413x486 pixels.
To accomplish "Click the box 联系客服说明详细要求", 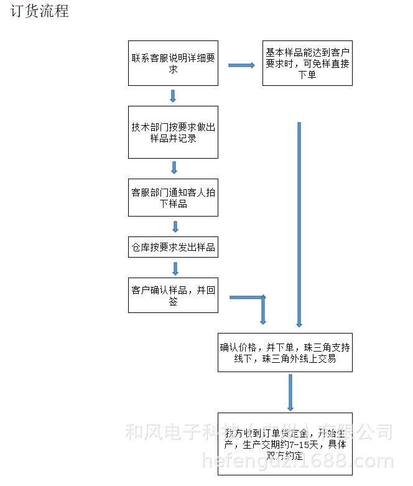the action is [x=173, y=63].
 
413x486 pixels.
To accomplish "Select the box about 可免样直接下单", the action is [x=307, y=63].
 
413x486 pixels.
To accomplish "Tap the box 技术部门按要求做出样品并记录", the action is [x=173, y=132].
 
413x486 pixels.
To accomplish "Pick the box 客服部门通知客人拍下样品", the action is [x=173, y=198].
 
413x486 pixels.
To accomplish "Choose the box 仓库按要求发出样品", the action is [x=173, y=247].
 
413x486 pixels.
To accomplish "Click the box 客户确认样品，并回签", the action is [x=173, y=295].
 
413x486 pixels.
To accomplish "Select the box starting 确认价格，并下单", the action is [x=285, y=352].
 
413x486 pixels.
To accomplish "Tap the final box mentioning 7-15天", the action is [x=285, y=444].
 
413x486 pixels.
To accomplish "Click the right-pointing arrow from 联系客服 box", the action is [x=241, y=65].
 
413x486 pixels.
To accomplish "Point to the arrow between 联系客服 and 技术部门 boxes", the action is [x=173, y=96].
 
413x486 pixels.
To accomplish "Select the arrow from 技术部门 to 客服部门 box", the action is [x=174, y=167].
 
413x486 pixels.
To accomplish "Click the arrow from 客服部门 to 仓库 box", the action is [x=175, y=226].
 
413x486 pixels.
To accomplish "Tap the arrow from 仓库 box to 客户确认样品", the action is [x=175, y=268].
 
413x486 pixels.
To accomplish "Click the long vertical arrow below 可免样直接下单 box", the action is [x=299, y=224].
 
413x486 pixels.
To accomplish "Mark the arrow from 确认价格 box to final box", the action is [x=290, y=392].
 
